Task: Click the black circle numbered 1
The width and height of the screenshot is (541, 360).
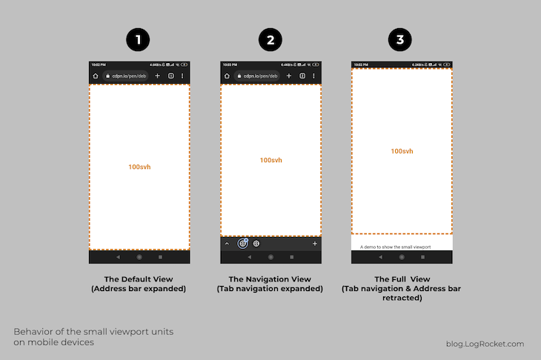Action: (139, 40)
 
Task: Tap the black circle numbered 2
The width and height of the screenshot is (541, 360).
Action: (270, 40)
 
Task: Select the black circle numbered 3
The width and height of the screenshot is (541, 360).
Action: (401, 40)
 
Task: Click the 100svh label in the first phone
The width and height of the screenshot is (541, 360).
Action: (139, 167)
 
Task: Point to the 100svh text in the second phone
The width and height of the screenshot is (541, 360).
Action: (270, 161)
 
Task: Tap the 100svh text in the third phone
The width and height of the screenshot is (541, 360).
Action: (402, 152)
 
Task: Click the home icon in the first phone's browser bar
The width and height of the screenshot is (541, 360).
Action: (95, 76)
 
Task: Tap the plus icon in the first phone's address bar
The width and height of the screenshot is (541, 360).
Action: (157, 76)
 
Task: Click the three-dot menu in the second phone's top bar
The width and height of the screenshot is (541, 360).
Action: (313, 76)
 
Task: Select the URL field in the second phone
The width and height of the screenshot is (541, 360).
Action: (259, 76)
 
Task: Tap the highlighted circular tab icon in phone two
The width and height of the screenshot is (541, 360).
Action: (242, 243)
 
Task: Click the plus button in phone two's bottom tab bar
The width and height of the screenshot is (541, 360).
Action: (315, 243)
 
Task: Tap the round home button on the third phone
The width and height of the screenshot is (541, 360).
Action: (402, 257)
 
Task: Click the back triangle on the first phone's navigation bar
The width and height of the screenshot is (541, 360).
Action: (118, 257)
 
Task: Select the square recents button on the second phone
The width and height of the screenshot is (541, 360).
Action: (291, 257)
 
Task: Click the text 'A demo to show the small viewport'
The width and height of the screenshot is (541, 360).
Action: (395, 246)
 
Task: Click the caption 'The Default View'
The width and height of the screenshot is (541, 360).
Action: (139, 279)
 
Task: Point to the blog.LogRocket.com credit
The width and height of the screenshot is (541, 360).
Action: (485, 344)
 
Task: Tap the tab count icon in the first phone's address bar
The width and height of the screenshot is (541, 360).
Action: (170, 76)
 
